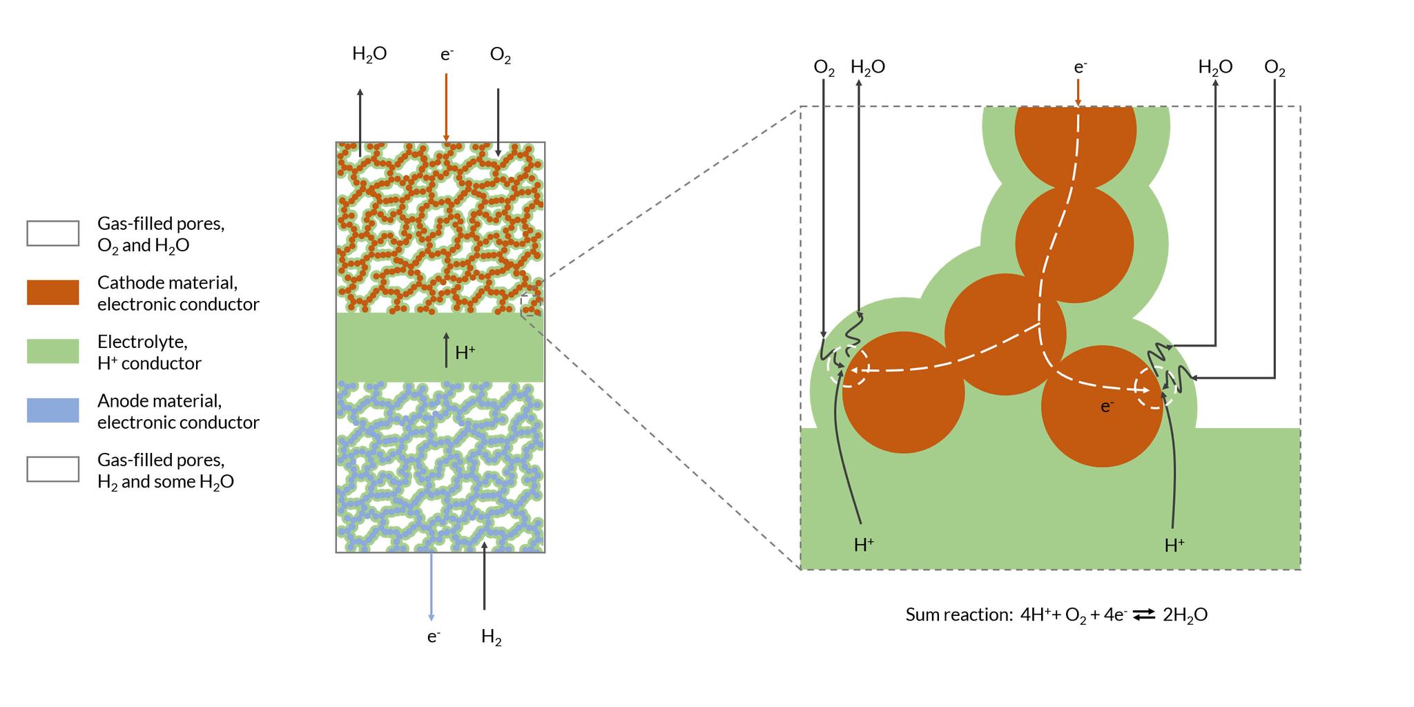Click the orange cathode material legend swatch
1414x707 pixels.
52,292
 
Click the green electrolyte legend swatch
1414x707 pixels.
52,351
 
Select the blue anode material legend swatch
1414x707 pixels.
52,410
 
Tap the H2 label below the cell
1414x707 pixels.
491,637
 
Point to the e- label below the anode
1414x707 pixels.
434,636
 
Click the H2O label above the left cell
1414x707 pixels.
369,55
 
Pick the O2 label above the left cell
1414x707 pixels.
501,55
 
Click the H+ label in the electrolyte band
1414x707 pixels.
465,353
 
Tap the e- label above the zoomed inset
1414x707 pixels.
1081,67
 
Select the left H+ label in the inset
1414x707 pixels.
864,545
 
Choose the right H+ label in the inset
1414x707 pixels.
1174,545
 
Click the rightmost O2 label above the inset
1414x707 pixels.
1275,68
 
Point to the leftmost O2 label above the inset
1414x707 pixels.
824,68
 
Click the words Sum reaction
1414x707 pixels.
959,614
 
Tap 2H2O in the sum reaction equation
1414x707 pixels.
1185,615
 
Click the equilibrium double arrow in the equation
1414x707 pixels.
1144,614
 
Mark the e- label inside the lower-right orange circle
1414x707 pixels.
1107,407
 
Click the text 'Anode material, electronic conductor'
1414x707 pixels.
178,411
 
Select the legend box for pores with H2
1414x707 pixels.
52,469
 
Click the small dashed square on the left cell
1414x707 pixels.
532,306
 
